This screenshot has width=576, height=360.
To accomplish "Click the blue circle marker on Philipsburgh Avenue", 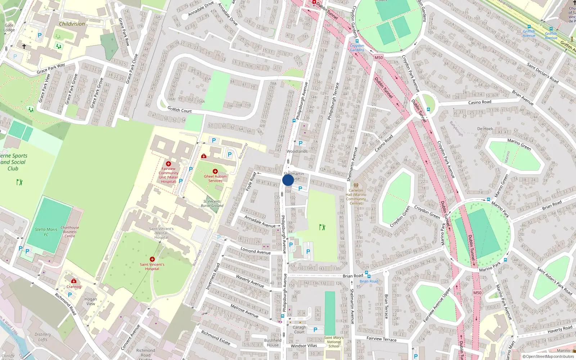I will [288, 180].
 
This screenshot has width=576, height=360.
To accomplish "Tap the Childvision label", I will [72, 24].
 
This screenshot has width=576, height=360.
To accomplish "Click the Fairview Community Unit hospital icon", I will [168, 164].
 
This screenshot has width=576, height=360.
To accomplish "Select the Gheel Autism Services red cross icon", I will [215, 171].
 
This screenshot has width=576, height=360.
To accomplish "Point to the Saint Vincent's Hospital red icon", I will [152, 259].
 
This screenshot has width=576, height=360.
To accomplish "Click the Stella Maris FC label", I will [46, 232].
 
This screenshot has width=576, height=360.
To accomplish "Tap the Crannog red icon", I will [74, 281].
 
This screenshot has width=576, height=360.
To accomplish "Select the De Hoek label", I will [485, 129].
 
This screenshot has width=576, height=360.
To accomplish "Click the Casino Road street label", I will [480, 102].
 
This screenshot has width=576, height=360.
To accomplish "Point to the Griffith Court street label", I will [180, 110].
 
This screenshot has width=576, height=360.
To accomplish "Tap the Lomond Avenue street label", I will [256, 251].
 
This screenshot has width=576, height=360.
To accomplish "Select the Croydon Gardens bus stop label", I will [357, 48].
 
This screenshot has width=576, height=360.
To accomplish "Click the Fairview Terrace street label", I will [381, 339].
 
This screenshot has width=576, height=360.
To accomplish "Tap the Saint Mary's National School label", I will [334, 342].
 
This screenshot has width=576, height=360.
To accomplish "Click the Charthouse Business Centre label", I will [70, 232].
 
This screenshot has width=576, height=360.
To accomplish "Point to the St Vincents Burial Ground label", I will [212, 204].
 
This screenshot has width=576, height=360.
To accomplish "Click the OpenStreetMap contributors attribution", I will [550, 356].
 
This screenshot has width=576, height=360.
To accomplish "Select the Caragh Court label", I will [299, 330].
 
